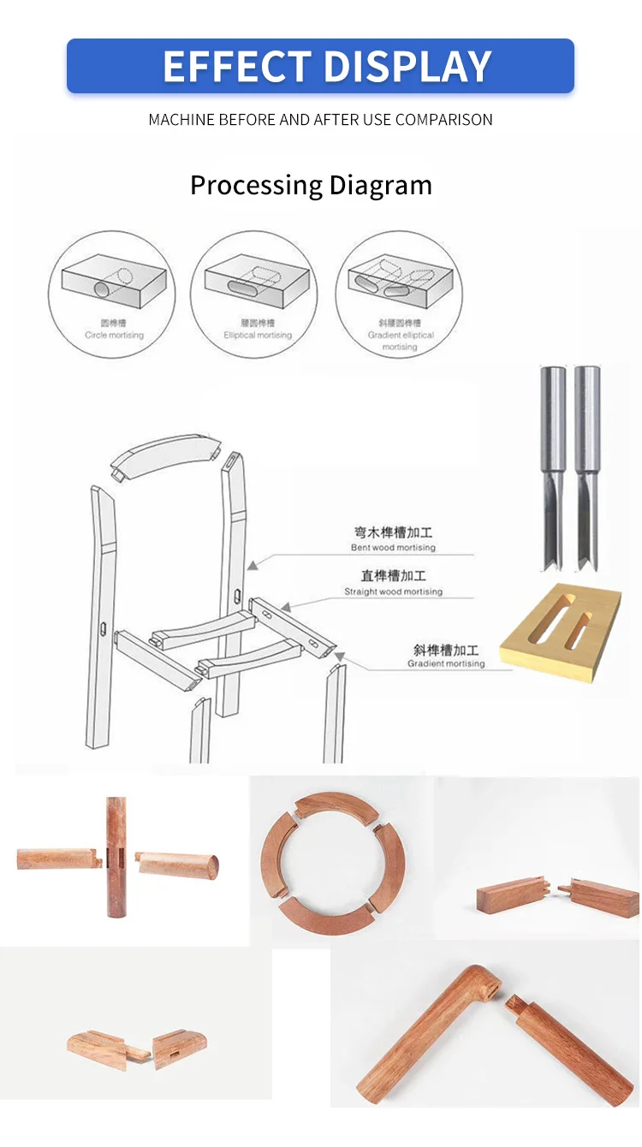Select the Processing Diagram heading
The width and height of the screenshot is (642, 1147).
311,185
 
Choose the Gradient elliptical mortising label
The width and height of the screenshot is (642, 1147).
400,335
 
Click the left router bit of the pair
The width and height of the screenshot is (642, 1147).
553,467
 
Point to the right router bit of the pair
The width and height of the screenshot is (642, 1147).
587,467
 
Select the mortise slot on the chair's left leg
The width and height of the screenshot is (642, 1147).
102,630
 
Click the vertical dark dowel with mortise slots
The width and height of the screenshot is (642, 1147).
116,857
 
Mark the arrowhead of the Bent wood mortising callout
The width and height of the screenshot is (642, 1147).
252,565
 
